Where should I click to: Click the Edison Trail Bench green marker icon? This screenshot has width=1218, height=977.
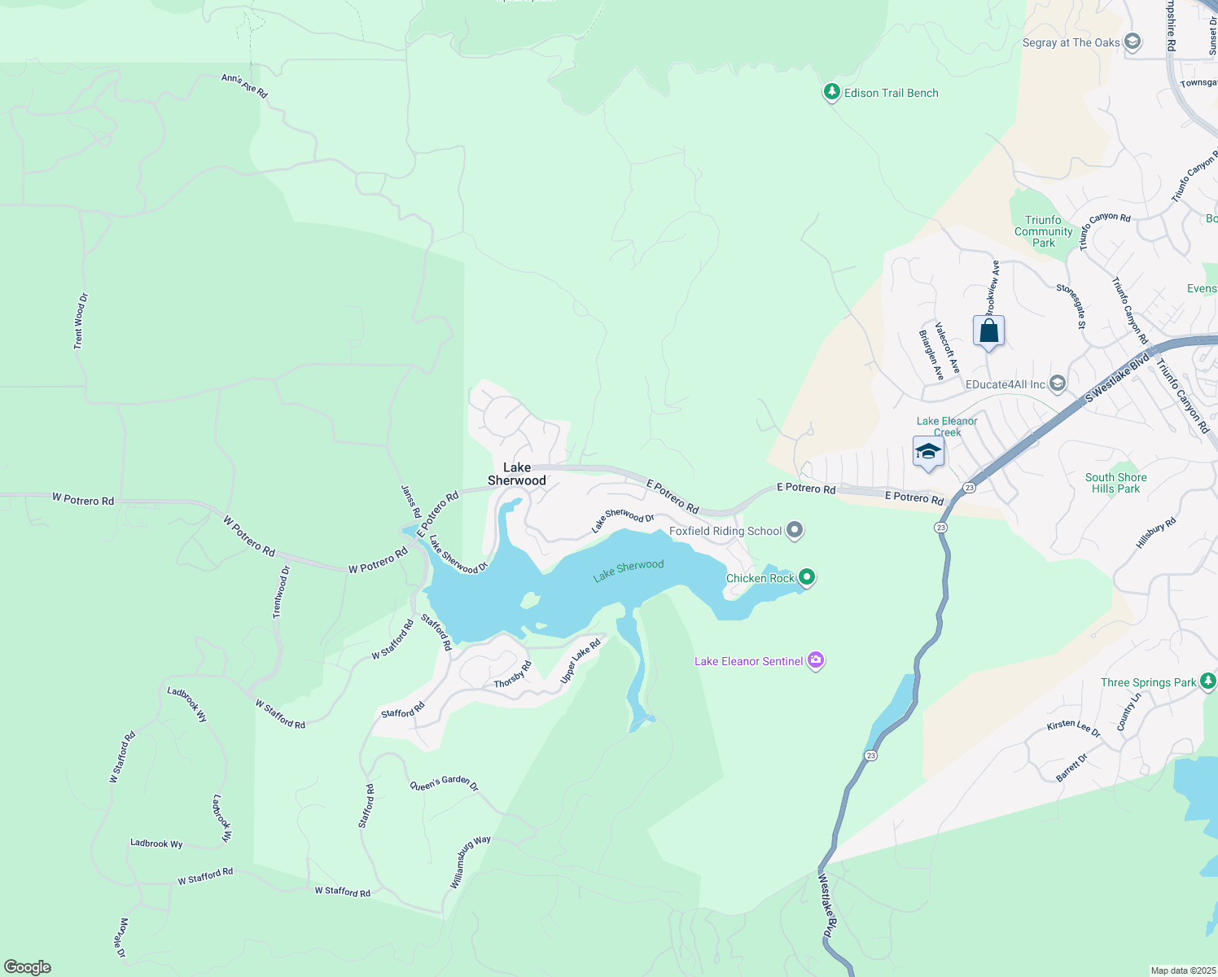831,93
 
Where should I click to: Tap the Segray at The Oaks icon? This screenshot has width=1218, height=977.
1132,42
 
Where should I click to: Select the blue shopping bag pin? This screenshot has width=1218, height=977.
988,332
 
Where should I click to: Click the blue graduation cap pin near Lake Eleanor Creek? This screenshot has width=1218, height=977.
928,453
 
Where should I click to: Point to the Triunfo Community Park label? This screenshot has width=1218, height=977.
1043,231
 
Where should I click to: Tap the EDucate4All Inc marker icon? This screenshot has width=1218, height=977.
1058,383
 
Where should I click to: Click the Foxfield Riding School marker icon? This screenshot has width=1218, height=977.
795,531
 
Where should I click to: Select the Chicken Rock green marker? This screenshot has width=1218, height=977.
807,578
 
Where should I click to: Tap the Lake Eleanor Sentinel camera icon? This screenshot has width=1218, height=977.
816,661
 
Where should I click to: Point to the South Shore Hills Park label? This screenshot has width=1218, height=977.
1115,483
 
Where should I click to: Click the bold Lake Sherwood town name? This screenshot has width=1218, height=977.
517,474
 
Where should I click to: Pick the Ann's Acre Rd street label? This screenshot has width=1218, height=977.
244,85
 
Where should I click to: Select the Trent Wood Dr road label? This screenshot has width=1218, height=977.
80,322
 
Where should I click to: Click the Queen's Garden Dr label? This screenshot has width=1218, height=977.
444,784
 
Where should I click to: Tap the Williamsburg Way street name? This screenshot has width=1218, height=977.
471,862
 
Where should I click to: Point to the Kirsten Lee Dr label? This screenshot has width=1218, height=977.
1073,728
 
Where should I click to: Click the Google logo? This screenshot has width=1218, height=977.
28,967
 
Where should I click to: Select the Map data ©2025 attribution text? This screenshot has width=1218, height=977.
1183,970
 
